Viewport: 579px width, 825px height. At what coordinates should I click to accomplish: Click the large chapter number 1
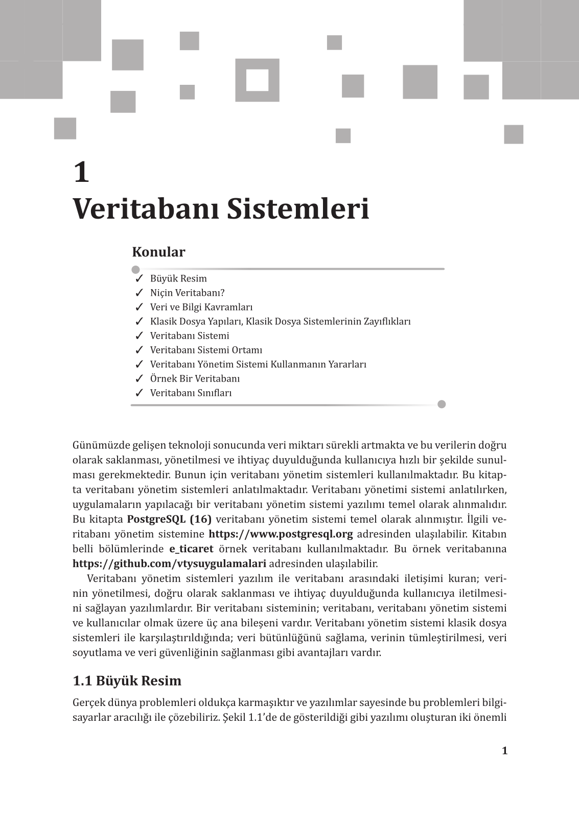[x=81, y=172]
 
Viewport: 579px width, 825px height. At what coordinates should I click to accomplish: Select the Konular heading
[x=158, y=252]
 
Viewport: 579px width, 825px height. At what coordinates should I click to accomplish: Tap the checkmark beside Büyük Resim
[x=138, y=278]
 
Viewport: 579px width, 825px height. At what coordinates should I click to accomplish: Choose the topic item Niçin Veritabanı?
[x=187, y=293]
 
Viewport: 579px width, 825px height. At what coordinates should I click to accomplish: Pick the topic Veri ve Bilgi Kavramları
[x=201, y=307]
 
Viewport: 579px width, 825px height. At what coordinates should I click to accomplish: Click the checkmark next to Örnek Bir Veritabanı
[x=138, y=379]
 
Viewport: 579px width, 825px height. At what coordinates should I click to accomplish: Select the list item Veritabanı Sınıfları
[x=191, y=393]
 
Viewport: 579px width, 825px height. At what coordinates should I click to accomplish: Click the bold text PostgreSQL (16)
[x=169, y=520]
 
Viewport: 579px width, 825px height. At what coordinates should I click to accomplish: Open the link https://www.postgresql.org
[x=281, y=534]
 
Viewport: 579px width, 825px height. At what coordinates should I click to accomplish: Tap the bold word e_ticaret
[x=191, y=549]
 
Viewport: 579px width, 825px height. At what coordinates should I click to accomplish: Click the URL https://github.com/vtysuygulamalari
[x=169, y=564]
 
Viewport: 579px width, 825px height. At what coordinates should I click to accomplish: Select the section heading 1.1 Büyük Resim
[x=127, y=681]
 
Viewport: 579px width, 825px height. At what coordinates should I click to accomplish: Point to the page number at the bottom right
[x=504, y=750]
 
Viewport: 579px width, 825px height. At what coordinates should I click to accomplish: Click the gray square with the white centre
[x=257, y=80]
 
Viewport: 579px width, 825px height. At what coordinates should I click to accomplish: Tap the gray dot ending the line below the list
[x=442, y=405]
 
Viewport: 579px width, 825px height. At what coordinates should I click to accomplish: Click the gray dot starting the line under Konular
[x=135, y=269]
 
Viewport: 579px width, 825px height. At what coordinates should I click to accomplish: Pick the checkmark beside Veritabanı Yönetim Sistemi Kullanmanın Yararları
[x=138, y=364]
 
